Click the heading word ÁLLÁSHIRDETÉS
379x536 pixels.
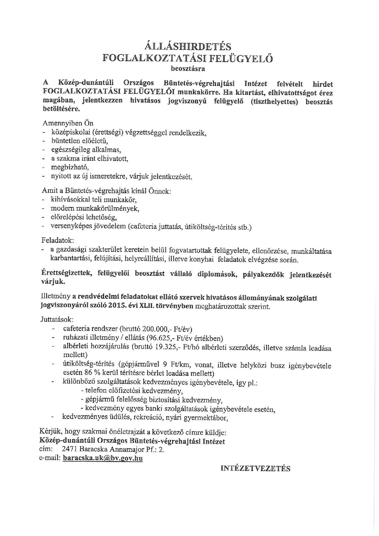(188, 46)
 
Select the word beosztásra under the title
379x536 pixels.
(188, 68)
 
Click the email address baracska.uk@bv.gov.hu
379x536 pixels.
(103, 458)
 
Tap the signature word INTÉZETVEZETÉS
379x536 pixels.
(255, 468)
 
